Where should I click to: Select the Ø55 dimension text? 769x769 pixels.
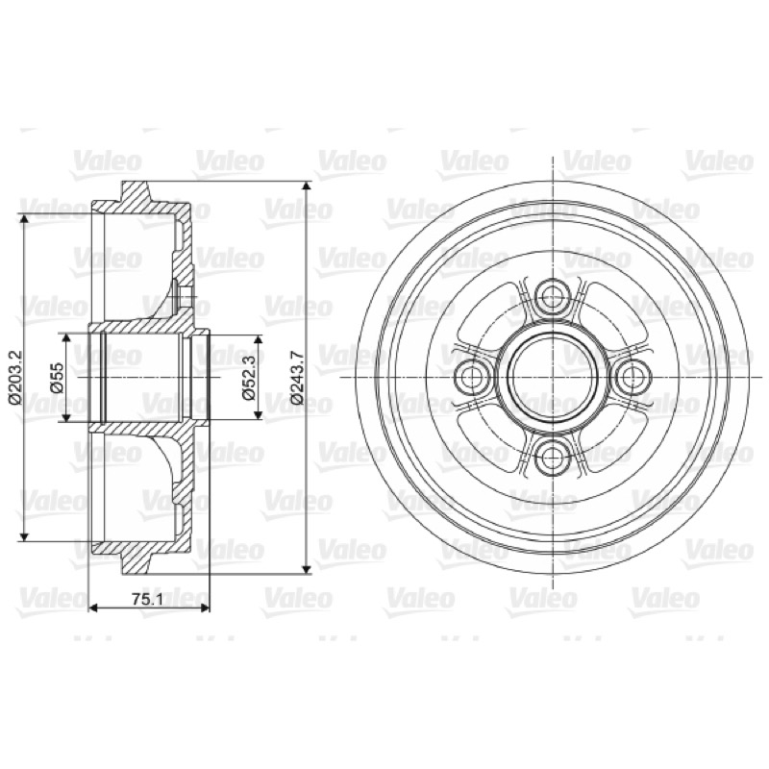[58, 377]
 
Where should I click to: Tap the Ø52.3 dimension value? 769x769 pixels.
[249, 377]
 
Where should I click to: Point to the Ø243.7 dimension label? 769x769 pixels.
[297, 378]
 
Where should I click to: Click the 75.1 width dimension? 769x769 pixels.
[147, 599]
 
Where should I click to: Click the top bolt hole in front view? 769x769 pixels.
[553, 295]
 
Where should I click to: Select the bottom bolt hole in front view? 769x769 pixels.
[553, 459]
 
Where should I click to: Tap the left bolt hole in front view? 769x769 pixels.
[471, 377]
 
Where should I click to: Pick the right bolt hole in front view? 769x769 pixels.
[634, 377]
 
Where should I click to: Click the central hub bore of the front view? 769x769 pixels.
[553, 377]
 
